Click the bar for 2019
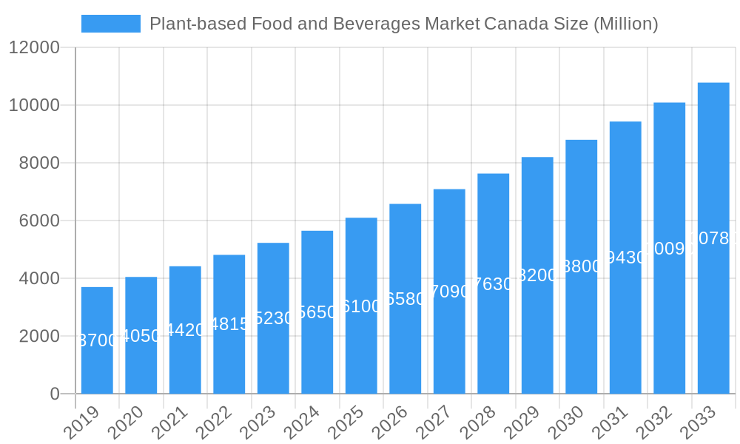97,340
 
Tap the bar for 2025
361,306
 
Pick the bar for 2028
493,283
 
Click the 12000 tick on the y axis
34,48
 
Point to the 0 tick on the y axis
55,394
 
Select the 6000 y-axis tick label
39,221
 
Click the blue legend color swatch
110,24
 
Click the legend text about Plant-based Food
403,24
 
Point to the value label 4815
229,324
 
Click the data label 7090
449,292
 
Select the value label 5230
273,318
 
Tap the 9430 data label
625,258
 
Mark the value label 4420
185,330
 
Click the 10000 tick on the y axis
34,106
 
